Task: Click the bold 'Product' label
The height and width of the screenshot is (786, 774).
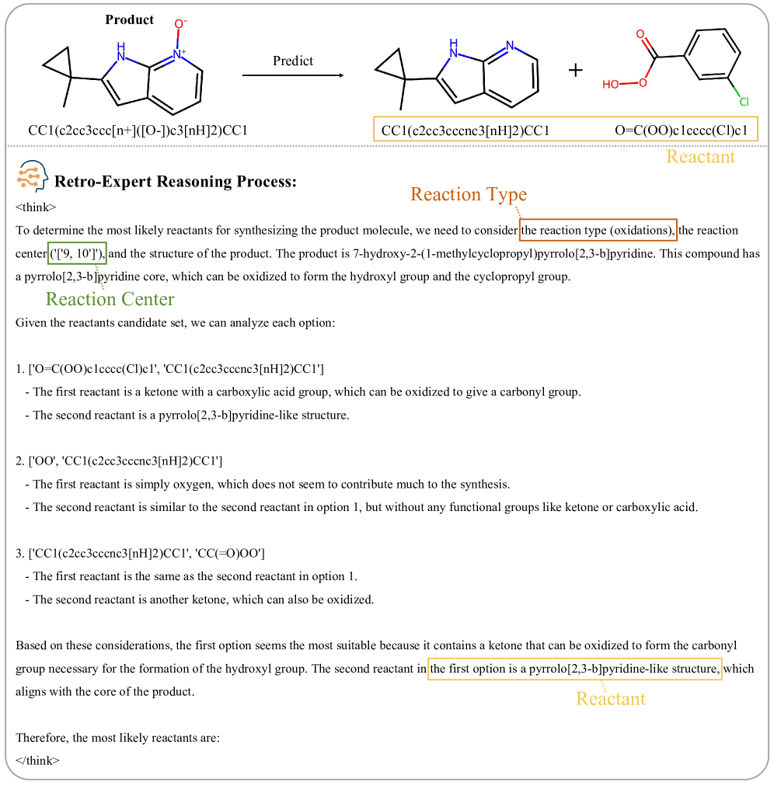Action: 130,19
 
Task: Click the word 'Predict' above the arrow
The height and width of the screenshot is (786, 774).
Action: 293,61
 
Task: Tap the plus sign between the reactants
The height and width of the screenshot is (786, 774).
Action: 575,71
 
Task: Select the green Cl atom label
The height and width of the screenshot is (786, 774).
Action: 744,102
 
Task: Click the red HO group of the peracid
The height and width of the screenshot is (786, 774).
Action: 611,84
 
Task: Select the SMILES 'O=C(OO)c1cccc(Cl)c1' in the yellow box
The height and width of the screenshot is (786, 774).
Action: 683,130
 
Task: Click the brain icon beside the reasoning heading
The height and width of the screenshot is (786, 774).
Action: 32,179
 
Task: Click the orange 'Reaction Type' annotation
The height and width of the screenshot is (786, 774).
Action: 468,194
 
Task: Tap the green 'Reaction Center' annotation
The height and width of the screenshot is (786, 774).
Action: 110,299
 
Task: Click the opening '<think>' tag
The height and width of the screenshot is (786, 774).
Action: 36,207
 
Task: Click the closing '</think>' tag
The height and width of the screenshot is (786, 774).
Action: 37,760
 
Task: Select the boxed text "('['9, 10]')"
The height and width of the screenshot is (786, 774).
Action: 77,253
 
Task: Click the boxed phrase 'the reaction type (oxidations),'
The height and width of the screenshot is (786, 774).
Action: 598,231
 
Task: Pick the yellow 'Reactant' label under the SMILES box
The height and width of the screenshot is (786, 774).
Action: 700,157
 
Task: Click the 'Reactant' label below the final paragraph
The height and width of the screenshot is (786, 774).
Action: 610,698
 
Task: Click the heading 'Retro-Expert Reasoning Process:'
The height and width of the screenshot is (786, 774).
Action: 176,182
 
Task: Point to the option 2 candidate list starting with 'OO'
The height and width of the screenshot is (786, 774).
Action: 124,461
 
